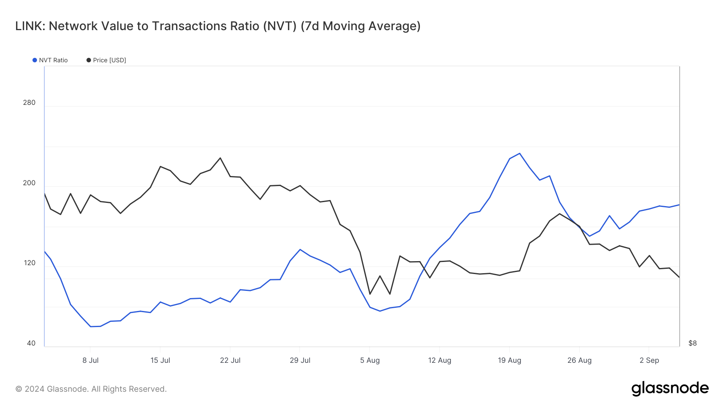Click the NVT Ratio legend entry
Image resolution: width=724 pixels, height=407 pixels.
pos(50,60)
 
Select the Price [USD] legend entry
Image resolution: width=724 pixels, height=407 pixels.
pos(106,60)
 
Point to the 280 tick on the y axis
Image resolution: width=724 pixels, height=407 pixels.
pos(29,102)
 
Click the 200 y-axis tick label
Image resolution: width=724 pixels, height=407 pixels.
pos(29,183)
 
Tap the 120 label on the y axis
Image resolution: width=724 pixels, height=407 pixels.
pos(29,263)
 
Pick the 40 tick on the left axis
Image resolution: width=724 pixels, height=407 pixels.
pos(31,343)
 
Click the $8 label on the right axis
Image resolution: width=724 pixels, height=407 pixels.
pos(692,343)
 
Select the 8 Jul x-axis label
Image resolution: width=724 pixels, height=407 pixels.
pos(90,360)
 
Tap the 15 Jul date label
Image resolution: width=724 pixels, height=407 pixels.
pos(160,360)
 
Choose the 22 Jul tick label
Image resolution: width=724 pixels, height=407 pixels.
pos(230,360)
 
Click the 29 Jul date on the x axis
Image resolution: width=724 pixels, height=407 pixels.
pos(300,360)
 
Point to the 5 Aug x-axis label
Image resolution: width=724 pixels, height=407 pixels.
pos(370,360)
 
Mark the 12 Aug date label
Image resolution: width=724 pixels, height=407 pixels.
pos(440,360)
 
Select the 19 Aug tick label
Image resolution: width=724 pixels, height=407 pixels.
pos(509,360)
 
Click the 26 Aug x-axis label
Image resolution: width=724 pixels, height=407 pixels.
pos(579,360)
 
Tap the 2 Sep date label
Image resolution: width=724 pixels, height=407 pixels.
pos(649,360)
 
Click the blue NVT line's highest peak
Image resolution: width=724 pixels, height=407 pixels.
pos(520,153)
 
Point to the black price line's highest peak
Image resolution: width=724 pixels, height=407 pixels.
pos(220,158)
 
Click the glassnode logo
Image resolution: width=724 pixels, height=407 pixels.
pos(670,389)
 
